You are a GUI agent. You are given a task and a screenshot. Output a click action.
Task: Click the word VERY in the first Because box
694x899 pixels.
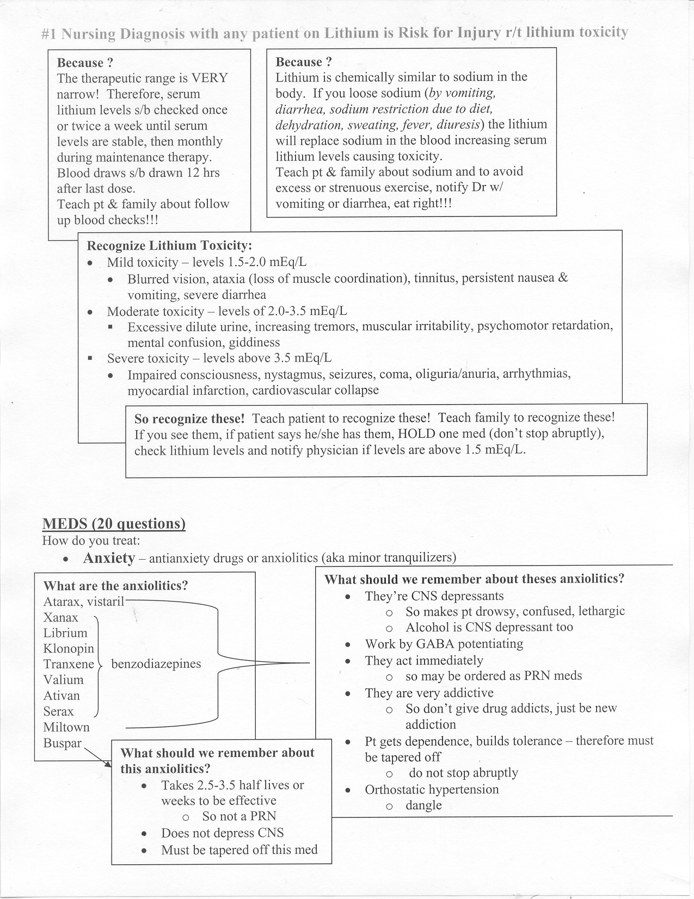(208, 78)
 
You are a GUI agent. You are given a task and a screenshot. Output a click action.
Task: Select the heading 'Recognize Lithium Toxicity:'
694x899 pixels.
(169, 245)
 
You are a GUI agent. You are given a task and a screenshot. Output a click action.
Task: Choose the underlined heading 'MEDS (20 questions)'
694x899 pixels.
(114, 524)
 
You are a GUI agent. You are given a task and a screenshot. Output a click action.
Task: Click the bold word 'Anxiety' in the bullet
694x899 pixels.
(109, 558)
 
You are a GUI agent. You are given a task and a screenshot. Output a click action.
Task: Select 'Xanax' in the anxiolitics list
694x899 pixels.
(61, 618)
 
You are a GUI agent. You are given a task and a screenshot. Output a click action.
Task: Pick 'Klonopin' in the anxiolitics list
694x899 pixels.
(69, 649)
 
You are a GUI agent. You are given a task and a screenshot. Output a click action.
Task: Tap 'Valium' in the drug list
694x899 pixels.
(64, 680)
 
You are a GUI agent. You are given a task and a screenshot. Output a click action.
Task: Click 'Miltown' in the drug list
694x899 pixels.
(66, 727)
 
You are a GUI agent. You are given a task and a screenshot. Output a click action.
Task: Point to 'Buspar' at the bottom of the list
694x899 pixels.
(63, 743)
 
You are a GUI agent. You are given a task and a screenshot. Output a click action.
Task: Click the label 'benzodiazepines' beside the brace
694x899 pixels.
(156, 664)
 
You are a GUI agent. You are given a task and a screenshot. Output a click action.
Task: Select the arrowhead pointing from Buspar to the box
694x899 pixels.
(107, 765)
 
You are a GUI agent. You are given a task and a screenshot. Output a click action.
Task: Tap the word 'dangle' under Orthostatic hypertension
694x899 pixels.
(423, 805)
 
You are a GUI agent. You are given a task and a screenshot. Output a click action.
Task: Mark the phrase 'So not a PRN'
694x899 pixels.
(239, 816)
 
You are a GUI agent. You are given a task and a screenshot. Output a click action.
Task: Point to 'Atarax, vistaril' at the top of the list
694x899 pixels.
(84, 602)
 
